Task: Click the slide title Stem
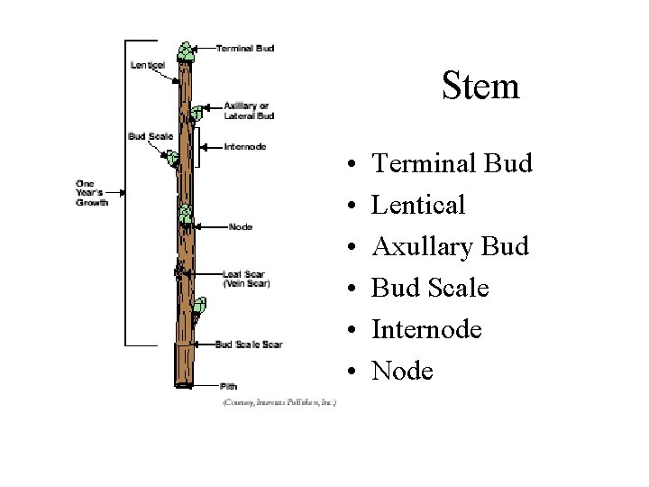tap(480, 87)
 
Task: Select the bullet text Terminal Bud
tap(452, 163)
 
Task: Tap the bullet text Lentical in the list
tap(418, 205)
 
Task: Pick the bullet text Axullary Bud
tap(450, 246)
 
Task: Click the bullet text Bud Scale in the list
tap(430, 288)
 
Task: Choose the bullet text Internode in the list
tap(426, 329)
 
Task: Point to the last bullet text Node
tap(402, 371)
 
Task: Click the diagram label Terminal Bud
tap(244, 48)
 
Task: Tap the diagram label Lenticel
tap(147, 65)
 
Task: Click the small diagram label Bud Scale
tap(150, 137)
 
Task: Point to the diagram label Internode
tap(244, 146)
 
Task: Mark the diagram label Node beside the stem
tap(240, 227)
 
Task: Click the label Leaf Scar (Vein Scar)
tap(245, 279)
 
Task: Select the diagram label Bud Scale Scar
tap(249, 345)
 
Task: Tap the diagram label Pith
tap(228, 386)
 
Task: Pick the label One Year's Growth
tap(91, 193)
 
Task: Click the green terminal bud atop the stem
tap(186, 52)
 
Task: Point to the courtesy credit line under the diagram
tap(279, 402)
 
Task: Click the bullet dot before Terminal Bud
tap(348, 165)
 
